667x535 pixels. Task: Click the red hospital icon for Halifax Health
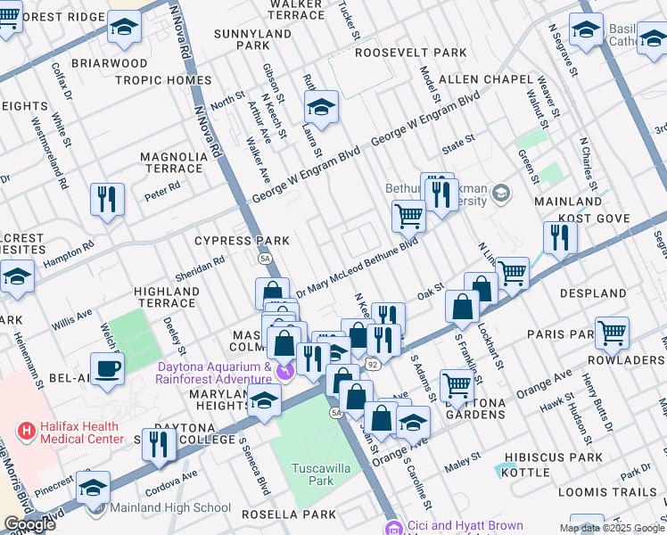tap(27, 431)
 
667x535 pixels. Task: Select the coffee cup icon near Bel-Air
tap(107, 369)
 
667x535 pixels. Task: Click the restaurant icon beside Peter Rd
tap(107, 199)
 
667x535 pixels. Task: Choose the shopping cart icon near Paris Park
tap(612, 333)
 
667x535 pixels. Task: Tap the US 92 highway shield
tap(372, 365)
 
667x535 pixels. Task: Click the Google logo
tap(29, 524)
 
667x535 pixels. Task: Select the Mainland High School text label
tap(170, 508)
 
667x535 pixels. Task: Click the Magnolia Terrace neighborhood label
tap(172, 162)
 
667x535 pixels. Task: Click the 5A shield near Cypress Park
tap(265, 258)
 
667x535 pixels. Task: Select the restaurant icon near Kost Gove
tap(559, 237)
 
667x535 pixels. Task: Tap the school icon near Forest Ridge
tap(124, 29)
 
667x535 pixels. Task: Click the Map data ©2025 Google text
tap(612, 528)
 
